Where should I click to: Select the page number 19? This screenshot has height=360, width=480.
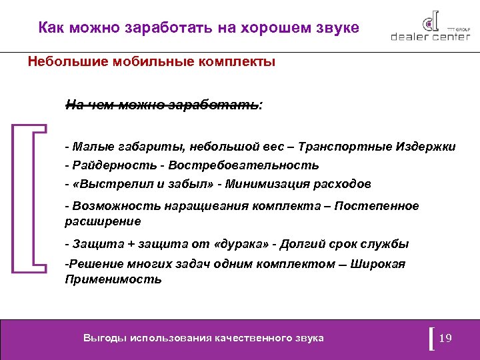[446, 338]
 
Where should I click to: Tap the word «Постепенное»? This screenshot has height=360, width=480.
[379, 206]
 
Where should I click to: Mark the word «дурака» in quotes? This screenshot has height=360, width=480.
[246, 243]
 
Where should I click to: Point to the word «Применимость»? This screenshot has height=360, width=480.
[113, 279]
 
